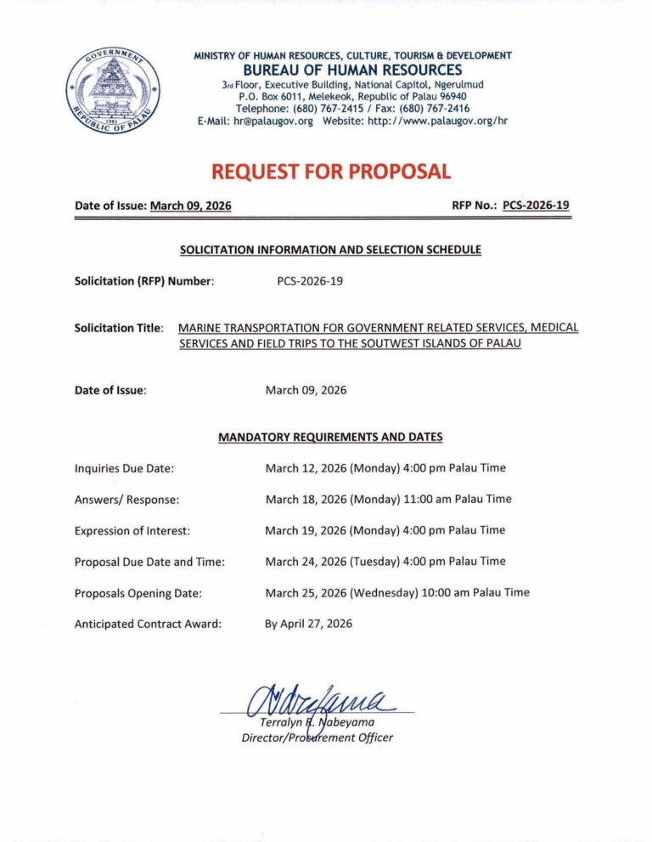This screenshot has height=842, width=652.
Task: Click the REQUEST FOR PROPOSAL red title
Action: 330,172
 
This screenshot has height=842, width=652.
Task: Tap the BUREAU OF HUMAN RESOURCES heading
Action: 352,70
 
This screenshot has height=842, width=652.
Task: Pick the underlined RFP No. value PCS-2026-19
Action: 536,206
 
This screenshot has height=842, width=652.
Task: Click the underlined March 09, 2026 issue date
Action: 190,206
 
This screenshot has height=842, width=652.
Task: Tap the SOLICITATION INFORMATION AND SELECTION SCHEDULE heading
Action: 330,250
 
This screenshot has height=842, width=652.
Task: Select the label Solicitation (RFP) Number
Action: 143,280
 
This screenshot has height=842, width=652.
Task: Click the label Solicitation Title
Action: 120,328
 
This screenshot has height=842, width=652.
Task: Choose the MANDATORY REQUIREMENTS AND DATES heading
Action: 330,437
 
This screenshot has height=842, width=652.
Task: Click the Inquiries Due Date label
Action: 125,468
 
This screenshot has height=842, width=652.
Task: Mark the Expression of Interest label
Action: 132,530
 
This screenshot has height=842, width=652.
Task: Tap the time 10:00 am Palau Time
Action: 474,592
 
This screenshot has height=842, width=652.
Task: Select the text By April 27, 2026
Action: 308,624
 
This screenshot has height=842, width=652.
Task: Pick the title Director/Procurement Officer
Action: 317,737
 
